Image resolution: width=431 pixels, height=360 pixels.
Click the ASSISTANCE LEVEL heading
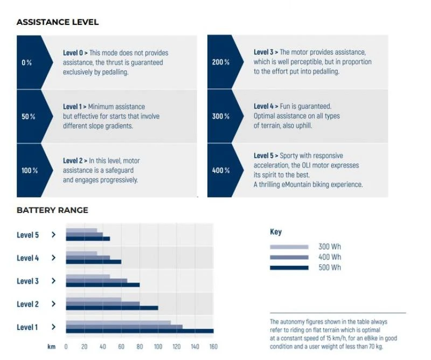click(57, 22)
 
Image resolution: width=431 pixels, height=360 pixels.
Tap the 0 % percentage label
click(26, 63)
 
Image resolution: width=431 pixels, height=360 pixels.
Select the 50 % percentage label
click(29, 116)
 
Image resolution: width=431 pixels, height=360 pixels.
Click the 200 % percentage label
click(221, 63)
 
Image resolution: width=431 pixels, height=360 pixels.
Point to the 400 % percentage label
click(221, 170)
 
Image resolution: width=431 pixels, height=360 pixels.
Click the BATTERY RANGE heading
click(52, 210)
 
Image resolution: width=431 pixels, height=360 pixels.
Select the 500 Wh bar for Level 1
click(140, 331)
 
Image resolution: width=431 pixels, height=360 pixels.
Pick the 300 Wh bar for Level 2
click(93, 300)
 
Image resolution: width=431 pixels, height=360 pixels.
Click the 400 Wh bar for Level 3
click(96, 281)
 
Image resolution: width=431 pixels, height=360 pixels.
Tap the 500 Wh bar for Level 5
click(88, 239)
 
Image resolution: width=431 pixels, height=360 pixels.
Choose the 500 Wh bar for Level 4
click(93, 262)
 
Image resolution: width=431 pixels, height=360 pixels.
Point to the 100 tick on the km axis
click(158, 347)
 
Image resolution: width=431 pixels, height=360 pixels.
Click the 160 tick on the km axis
click(213, 347)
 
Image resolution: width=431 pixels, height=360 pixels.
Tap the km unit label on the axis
click(51, 347)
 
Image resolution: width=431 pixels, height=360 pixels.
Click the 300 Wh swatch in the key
click(289, 247)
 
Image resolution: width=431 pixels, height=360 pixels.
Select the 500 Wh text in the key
click(329, 268)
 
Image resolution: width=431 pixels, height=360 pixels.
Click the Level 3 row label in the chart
click(28, 281)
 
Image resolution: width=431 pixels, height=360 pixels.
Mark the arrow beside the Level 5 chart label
click(53, 235)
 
